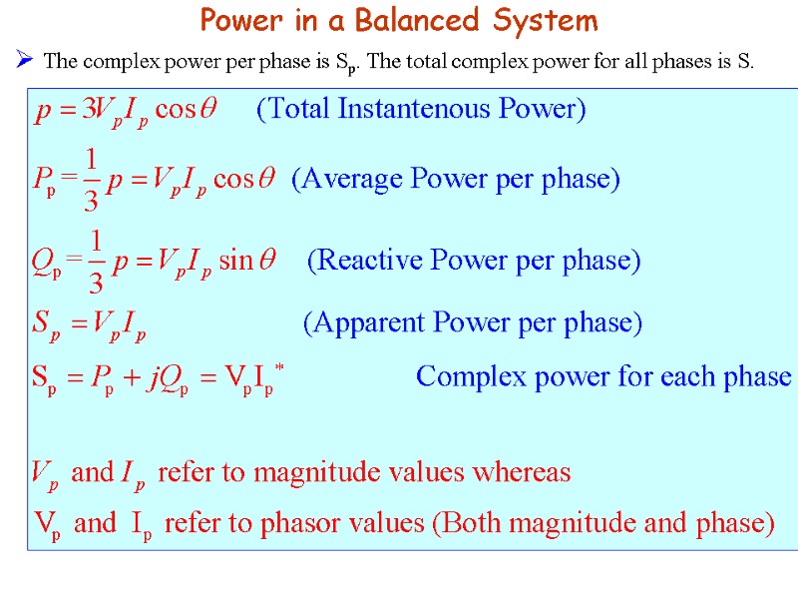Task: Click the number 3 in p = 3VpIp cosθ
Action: pyautogui.click(x=88, y=110)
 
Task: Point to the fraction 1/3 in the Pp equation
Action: pyautogui.click(x=91, y=180)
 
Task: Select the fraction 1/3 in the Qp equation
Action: pyautogui.click(x=96, y=262)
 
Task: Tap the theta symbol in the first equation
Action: pyautogui.click(x=208, y=110)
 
